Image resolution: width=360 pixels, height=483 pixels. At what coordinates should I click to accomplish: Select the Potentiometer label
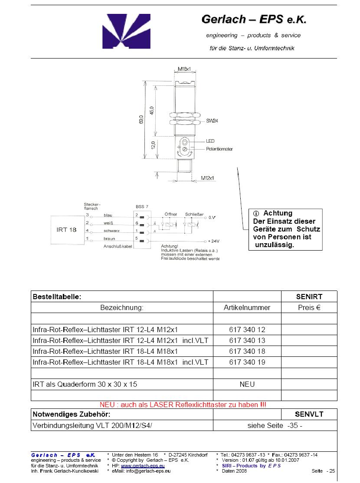pyautogui.click(x=219, y=149)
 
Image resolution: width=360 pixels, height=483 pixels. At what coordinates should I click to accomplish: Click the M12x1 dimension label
pyautogui.click(x=208, y=178)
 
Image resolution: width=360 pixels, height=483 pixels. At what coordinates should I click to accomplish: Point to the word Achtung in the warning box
pyautogui.click(x=278, y=213)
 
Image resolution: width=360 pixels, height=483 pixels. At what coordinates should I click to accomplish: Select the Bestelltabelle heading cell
pyautogui.click(x=57, y=297)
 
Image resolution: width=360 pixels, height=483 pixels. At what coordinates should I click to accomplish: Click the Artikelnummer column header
pyautogui.click(x=247, y=308)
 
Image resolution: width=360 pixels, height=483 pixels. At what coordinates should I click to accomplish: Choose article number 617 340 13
pyautogui.click(x=247, y=340)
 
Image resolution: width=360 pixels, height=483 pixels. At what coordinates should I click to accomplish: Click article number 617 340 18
pyautogui.click(x=247, y=351)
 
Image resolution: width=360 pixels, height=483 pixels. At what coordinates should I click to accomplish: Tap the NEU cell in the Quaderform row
pyautogui.click(x=247, y=384)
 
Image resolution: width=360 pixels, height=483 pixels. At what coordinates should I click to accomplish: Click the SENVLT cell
pyautogui.click(x=309, y=414)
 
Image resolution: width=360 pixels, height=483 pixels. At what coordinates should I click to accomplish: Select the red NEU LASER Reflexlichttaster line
pyautogui.click(x=183, y=405)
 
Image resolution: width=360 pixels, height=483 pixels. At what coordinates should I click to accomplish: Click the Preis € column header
pyautogui.click(x=309, y=308)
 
